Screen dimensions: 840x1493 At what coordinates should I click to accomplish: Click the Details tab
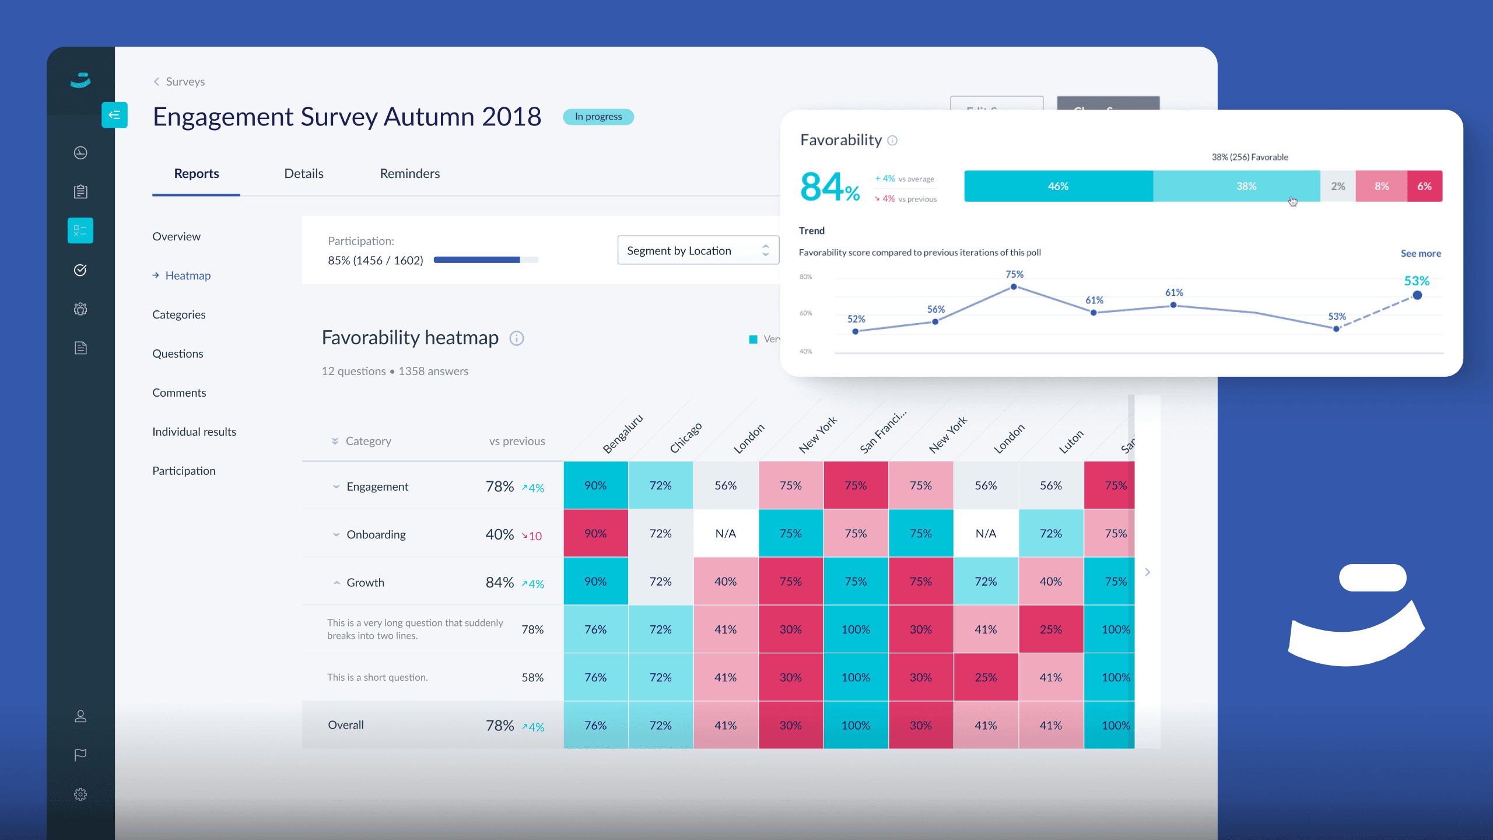(303, 173)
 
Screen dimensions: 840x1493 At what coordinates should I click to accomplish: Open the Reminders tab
(409, 173)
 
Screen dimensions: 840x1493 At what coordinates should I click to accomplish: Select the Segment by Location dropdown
(698, 250)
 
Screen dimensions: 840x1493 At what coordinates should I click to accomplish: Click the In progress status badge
(598, 117)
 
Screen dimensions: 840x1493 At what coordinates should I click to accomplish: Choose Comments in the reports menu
(179, 393)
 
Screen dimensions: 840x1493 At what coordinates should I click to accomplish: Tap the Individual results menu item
(194, 432)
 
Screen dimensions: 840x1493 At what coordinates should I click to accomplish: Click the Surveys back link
(184, 82)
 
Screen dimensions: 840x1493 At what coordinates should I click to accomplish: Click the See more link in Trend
(1420, 253)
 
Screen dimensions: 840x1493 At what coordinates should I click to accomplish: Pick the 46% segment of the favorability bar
(1058, 186)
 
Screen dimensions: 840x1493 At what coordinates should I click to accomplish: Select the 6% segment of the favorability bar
(1424, 186)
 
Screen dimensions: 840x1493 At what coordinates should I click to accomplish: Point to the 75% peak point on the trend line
(1014, 286)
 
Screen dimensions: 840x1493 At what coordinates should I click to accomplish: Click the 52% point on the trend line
(856, 331)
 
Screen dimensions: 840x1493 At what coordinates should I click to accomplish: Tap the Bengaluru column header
(622, 434)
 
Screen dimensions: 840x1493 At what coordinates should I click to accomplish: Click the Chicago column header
(685, 437)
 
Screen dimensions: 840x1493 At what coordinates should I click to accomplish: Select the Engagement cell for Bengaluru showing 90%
(595, 485)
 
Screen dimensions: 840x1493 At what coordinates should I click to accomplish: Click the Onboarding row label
(376, 534)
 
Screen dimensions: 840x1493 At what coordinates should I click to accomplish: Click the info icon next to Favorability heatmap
(516, 338)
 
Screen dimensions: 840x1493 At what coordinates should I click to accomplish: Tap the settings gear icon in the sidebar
(80, 794)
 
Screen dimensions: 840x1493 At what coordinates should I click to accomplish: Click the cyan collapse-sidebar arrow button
(114, 115)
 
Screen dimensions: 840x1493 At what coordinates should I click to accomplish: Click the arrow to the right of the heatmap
(1147, 572)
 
